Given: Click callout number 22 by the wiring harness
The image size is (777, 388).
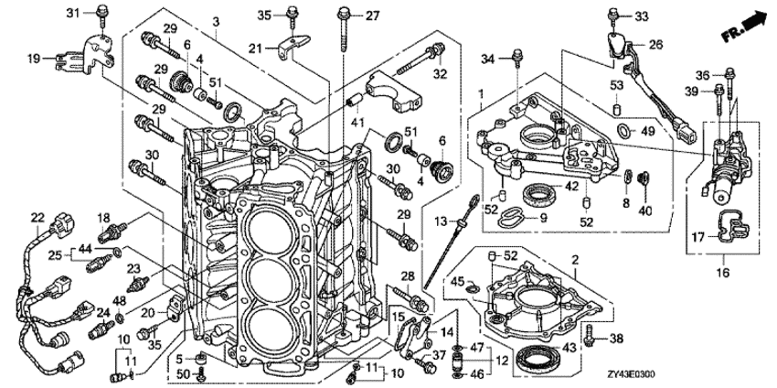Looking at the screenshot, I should (37, 217).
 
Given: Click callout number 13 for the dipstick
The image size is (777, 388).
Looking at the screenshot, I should (440, 221).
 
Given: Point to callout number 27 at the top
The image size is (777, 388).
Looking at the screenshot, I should (373, 16).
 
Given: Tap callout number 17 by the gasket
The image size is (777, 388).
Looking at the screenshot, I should (697, 237).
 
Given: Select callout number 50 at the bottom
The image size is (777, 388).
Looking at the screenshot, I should (183, 372).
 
